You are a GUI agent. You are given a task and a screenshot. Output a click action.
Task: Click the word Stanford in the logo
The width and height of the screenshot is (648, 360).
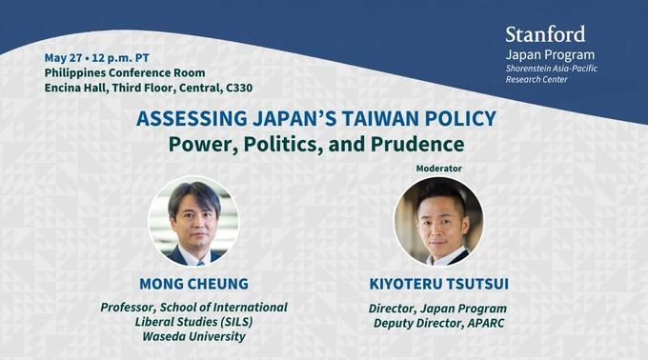[545, 35]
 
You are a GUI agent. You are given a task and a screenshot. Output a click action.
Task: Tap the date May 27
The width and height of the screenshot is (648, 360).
[62, 58]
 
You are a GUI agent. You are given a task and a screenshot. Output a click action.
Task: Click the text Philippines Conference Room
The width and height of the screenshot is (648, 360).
[125, 73]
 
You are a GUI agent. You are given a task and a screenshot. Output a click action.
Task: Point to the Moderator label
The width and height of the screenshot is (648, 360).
[438, 169]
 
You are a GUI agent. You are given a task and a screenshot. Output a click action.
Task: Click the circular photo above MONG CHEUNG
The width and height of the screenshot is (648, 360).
[193, 221]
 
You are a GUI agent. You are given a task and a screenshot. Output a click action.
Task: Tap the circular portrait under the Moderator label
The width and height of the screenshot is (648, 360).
[438, 221]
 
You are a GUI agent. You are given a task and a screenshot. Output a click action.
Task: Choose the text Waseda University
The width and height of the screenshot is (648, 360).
[193, 336]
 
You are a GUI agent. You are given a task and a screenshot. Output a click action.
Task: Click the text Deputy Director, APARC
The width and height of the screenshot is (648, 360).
[438, 323]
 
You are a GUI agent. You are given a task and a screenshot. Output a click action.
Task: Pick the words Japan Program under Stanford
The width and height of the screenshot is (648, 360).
[550, 54]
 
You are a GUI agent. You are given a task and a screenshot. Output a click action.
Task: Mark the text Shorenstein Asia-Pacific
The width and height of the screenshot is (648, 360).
[552, 68]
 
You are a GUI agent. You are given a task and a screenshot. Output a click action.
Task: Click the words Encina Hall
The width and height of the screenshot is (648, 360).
[77, 89]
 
